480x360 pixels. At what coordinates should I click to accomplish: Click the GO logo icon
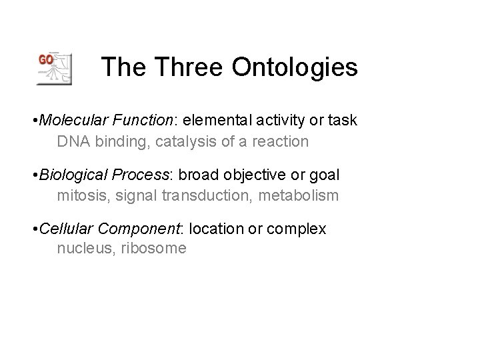(54, 67)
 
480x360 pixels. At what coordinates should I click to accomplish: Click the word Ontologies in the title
(295, 67)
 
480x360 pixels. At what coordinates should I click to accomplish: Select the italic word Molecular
(68, 121)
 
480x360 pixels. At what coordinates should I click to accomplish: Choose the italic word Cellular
(65, 229)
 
